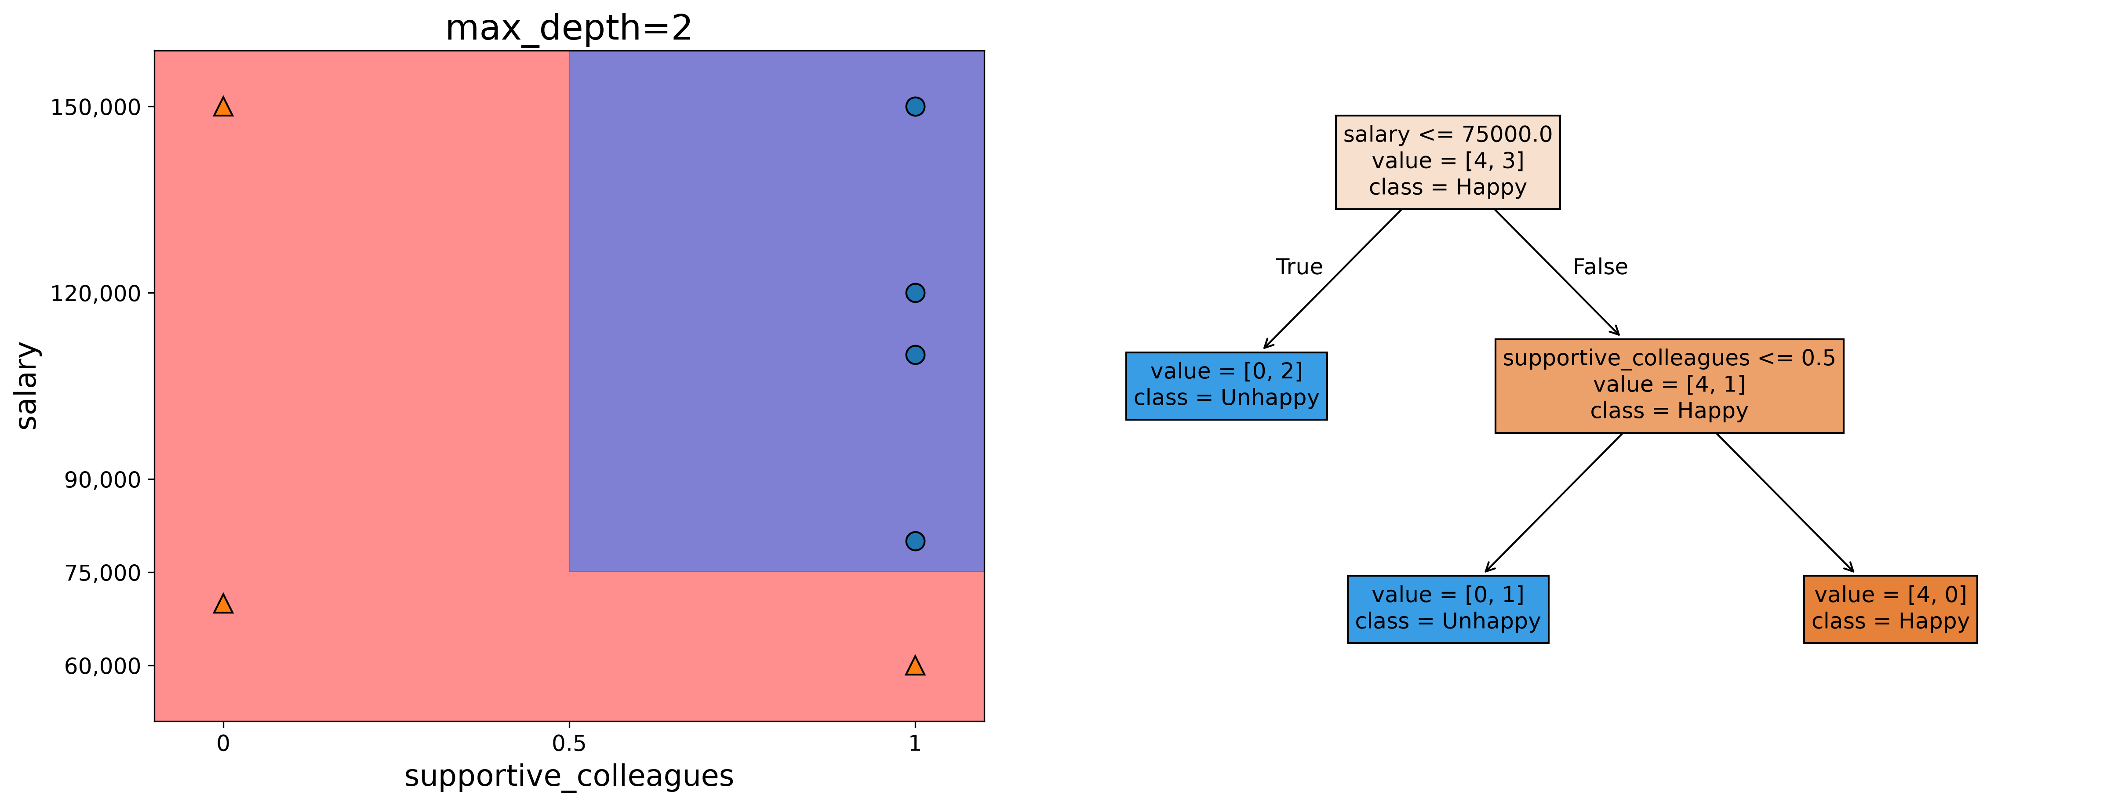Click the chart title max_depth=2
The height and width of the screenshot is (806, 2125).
point(568,28)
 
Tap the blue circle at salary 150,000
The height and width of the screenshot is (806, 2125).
point(915,106)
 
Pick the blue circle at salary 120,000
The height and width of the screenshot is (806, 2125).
point(915,293)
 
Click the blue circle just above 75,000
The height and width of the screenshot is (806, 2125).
point(915,541)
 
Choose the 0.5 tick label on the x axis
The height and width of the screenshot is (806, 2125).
point(569,743)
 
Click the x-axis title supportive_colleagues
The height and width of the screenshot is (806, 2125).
point(569,776)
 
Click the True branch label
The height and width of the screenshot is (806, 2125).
point(1299,266)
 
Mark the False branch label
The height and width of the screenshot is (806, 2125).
point(1601,266)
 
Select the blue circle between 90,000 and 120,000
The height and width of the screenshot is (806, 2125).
point(915,355)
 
